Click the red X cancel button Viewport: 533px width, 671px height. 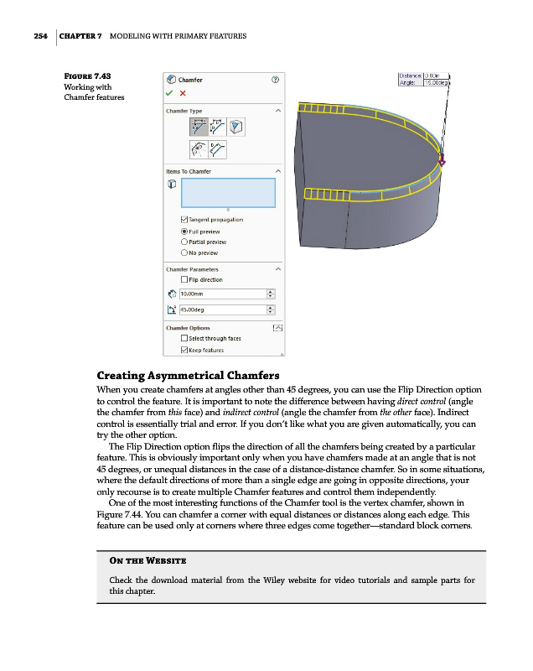pyautogui.click(x=183, y=93)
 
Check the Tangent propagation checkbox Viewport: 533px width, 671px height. pyautogui.click(x=173, y=220)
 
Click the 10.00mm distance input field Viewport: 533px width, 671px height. pyautogui.click(x=220, y=294)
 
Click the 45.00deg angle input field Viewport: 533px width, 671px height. pyautogui.click(x=220, y=309)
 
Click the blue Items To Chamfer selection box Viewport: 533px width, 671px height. pyautogui.click(x=228, y=192)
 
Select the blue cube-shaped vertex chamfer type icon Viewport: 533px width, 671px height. pyautogui.click(x=237, y=127)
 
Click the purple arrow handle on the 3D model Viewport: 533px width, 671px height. pyautogui.click(x=442, y=162)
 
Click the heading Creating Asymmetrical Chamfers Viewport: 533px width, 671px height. pyautogui.click(x=188, y=375)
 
